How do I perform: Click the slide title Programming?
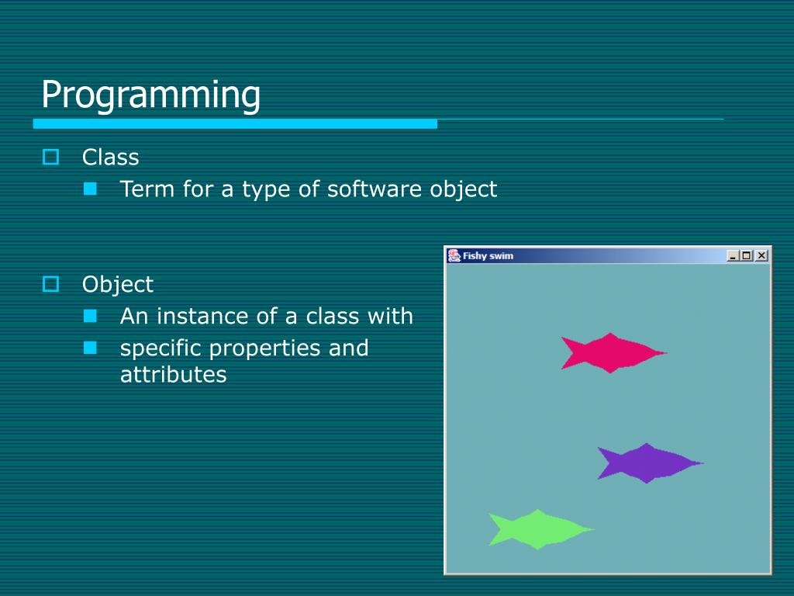pyautogui.click(x=150, y=95)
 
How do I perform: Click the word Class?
pyautogui.click(x=110, y=157)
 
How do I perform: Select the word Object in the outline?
pyautogui.click(x=118, y=285)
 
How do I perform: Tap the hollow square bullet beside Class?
pyautogui.click(x=50, y=157)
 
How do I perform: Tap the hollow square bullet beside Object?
pyautogui.click(x=50, y=284)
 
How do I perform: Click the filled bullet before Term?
pyautogui.click(x=90, y=189)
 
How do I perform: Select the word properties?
pyautogui.click(x=264, y=349)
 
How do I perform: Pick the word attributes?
pyautogui.click(x=173, y=375)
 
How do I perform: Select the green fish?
pyautogui.click(x=540, y=529)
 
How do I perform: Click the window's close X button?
pyautogui.click(x=761, y=255)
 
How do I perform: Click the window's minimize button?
pyautogui.click(x=732, y=255)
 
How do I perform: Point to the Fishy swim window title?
pyautogui.click(x=488, y=256)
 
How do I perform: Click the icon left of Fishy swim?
pyautogui.click(x=454, y=255)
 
